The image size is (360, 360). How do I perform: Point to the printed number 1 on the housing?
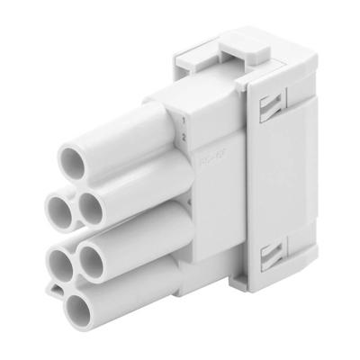(x=183, y=119)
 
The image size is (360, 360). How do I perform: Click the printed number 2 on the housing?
(x=183, y=137)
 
